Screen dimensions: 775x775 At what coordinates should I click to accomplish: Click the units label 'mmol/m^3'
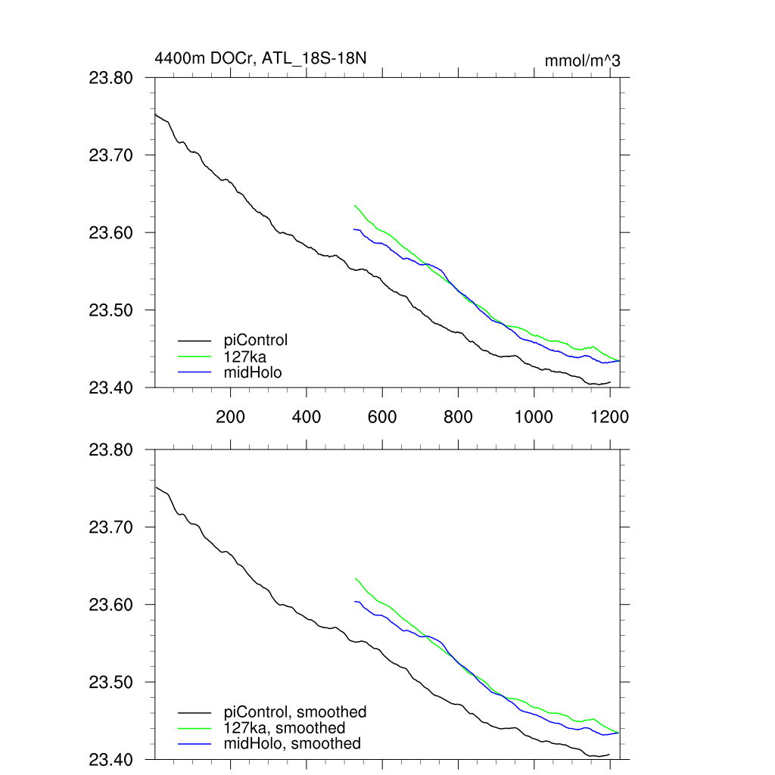(x=582, y=61)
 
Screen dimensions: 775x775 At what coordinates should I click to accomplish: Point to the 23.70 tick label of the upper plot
(x=111, y=156)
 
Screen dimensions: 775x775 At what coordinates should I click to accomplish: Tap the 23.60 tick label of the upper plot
(x=111, y=233)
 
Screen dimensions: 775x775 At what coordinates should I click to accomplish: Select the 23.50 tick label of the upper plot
(x=111, y=310)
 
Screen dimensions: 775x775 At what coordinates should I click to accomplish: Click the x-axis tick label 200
(x=230, y=417)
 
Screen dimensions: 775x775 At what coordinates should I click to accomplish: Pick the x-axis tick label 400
(x=306, y=417)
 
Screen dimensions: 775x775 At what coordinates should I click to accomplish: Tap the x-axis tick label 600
(x=382, y=417)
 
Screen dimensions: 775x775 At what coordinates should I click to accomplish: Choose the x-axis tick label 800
(x=458, y=417)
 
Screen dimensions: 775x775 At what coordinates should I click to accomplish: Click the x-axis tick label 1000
(x=534, y=417)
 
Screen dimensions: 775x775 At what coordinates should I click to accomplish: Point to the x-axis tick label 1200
(x=610, y=417)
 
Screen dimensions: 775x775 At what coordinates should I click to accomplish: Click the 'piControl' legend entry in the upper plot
(x=256, y=340)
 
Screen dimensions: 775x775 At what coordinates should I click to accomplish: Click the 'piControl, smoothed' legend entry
(x=295, y=712)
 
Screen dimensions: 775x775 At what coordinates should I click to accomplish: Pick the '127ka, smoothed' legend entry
(x=285, y=728)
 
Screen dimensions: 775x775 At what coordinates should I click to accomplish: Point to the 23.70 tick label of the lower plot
(x=111, y=528)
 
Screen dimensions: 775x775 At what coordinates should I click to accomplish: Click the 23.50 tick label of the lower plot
(x=111, y=683)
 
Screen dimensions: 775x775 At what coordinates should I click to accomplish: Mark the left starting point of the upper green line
(x=354, y=205)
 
